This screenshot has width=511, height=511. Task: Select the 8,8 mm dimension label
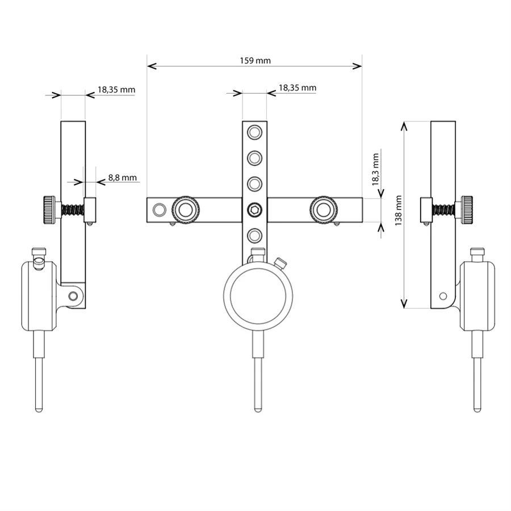coord(122,178)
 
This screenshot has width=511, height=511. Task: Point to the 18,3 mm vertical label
coord(375,169)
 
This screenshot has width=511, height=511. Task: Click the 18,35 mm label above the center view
coord(298,88)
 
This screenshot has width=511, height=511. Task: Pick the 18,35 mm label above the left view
coord(116,90)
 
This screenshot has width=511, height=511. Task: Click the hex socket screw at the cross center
coord(254,210)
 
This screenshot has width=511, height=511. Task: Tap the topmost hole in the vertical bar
coord(254,133)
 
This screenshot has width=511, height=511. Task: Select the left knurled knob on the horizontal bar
coord(186,210)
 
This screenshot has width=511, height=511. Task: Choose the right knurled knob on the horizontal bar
coord(324,210)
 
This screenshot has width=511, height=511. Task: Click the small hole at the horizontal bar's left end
coord(160,210)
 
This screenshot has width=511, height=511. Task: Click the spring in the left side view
coord(72,210)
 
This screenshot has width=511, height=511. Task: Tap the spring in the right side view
coord(443,210)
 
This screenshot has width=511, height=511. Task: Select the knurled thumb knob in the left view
coord(49,210)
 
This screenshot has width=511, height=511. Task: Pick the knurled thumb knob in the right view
coord(467,210)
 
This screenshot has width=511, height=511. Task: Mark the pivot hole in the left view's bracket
coord(73,296)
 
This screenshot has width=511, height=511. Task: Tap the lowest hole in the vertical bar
coord(254,235)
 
